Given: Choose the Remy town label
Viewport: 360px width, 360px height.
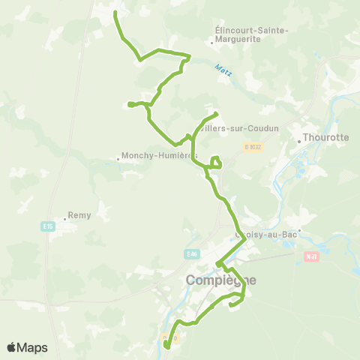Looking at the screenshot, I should tap(79, 215).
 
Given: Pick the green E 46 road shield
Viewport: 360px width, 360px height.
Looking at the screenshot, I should tap(193, 255).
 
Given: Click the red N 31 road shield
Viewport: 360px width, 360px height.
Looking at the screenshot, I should tap(312, 256).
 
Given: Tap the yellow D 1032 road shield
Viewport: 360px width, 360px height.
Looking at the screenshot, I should tap(253, 148).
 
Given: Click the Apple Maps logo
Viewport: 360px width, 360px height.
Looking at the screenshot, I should tap(27, 347).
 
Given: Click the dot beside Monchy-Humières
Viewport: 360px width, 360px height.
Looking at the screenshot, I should tap(118, 157).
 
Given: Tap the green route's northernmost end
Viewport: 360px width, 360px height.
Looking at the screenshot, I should tap(115, 13).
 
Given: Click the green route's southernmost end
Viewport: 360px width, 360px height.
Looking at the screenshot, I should tap(166, 347).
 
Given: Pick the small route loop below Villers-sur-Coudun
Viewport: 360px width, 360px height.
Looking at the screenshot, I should tap(216, 161).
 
